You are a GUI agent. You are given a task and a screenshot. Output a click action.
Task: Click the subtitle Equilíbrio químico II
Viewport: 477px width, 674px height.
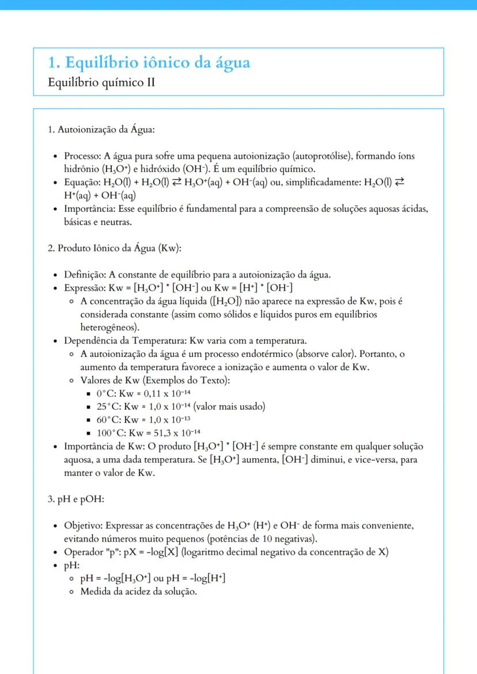click(102, 82)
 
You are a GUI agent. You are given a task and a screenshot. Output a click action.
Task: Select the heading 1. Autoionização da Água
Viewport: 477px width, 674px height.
click(101, 129)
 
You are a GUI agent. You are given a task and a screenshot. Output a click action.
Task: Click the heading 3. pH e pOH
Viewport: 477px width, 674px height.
click(75, 499)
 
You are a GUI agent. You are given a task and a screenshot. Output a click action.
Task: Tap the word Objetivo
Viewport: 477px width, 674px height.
click(82, 526)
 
